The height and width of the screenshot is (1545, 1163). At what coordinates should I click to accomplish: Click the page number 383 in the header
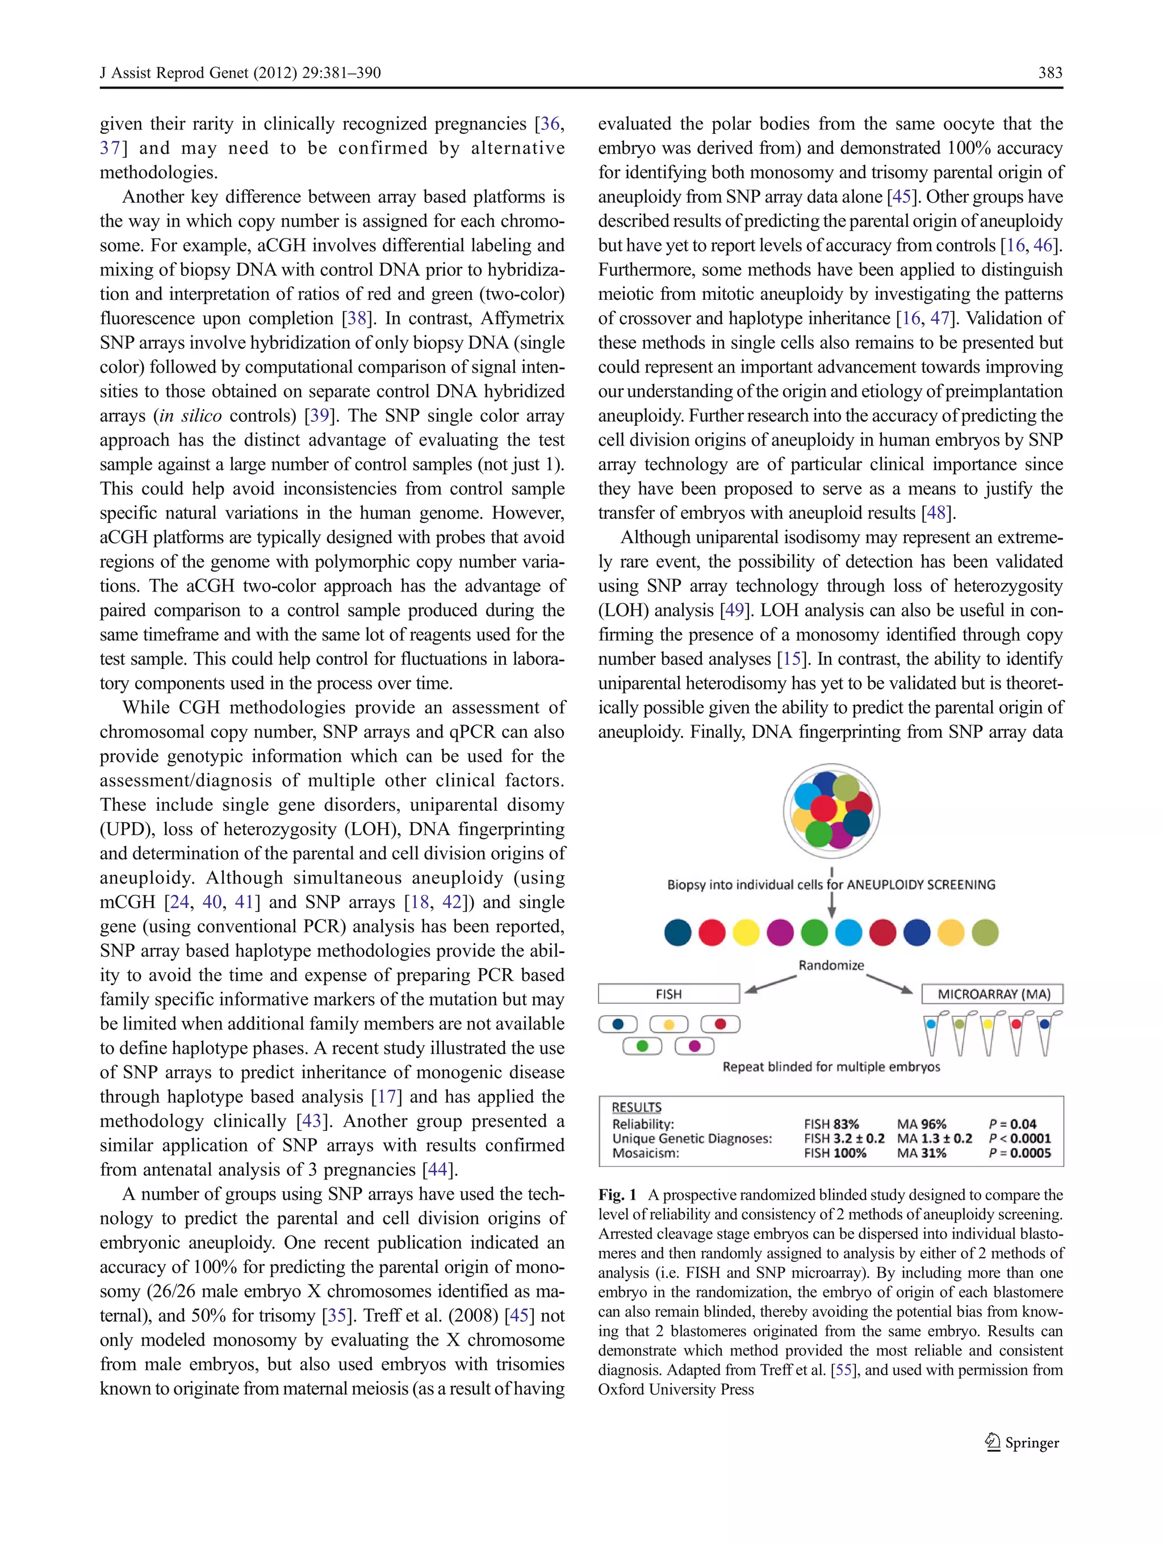pyautogui.click(x=1050, y=73)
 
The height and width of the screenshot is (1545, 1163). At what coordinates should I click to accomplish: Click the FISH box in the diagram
pyautogui.click(x=668, y=993)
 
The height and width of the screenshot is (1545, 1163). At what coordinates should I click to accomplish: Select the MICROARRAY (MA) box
pyautogui.click(x=993, y=993)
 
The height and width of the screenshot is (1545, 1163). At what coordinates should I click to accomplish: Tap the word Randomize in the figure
pyautogui.click(x=831, y=965)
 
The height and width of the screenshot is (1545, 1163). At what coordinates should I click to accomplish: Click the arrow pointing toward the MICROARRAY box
pyautogui.click(x=890, y=983)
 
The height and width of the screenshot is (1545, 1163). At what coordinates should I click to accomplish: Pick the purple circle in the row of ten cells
pyautogui.click(x=780, y=932)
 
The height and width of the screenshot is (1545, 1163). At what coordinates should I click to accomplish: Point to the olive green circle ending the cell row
pyautogui.click(x=985, y=932)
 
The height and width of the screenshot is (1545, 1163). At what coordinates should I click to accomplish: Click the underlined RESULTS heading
pyautogui.click(x=637, y=1107)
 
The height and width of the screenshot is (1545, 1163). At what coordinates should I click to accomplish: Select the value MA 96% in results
pyautogui.click(x=921, y=1124)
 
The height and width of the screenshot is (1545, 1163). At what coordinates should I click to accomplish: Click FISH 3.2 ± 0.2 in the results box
pyautogui.click(x=844, y=1138)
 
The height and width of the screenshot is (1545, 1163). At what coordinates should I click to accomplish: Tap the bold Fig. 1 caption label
pyautogui.click(x=617, y=1194)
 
